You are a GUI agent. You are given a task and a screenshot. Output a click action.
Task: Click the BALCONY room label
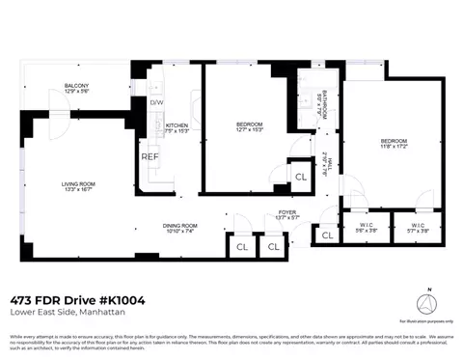pos(76,87)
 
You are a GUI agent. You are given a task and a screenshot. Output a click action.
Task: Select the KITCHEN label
pos(177,126)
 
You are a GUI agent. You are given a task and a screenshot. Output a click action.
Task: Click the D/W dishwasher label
pos(155,102)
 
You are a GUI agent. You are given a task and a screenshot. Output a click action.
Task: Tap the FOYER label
pos(287,212)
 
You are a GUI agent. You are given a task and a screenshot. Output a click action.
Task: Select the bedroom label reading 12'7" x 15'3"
pos(250,125)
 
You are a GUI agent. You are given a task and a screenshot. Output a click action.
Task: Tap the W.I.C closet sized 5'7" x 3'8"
pos(416,225)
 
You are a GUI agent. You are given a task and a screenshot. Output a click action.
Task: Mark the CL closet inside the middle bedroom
pos(300,177)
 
